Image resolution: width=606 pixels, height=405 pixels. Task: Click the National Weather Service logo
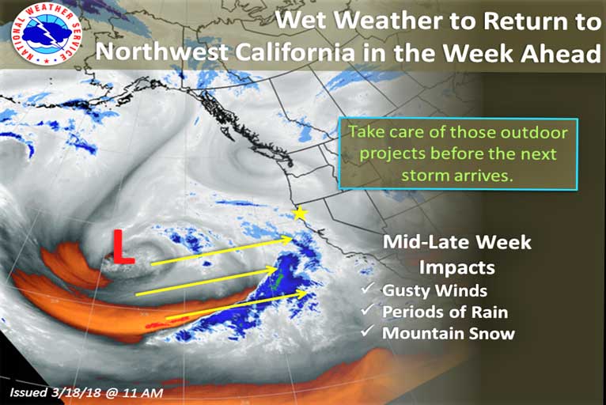tap(47, 34)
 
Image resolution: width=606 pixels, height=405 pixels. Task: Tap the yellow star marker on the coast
tap(300, 213)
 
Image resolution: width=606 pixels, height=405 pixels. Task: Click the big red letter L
tap(123, 247)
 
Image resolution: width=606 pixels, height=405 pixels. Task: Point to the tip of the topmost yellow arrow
tap(292, 237)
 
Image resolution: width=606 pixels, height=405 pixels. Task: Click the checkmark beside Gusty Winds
tap(368, 288)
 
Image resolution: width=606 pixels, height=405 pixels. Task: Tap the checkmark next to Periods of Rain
tap(368, 309)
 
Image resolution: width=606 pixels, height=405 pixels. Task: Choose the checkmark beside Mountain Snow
tap(368, 331)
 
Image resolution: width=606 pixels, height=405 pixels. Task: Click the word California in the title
tap(295, 51)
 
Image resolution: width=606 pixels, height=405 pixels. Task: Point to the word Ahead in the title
tap(561, 51)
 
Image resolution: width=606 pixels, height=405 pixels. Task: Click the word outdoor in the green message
tap(534, 133)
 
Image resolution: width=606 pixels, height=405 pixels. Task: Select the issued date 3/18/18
tap(75, 393)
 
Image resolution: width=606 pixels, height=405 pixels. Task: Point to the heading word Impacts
tap(457, 267)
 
